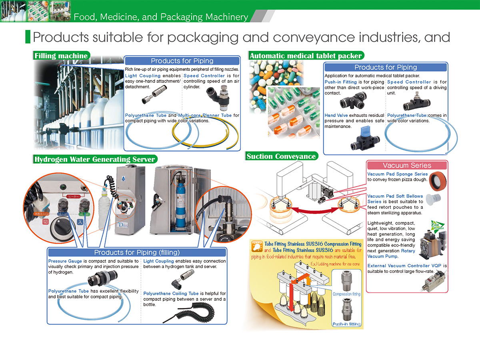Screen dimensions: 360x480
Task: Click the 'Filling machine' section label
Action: [61, 56]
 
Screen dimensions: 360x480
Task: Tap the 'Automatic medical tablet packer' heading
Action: [306, 56]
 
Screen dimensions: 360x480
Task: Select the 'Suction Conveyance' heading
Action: [281, 156]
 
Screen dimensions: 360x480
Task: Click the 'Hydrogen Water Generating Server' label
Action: [94, 159]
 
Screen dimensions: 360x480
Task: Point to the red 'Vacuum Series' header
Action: [407, 165]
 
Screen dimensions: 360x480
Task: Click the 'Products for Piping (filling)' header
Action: [137, 252]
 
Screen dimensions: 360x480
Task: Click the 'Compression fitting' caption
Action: [346, 294]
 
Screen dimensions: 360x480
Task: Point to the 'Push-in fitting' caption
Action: [346, 324]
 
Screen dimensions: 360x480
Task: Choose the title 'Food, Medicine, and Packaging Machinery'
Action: [160, 17]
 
